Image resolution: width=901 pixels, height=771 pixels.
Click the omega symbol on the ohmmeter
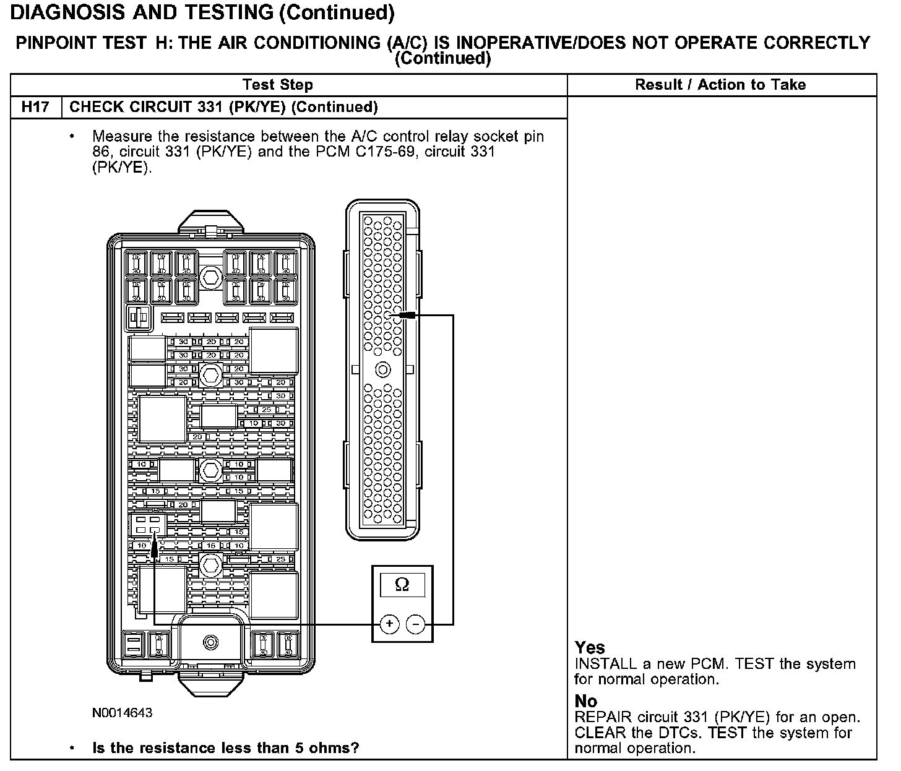(402, 585)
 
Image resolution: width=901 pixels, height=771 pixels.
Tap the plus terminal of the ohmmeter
(389, 624)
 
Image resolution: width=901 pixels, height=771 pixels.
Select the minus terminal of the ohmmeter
(416, 625)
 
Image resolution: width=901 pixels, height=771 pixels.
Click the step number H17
(35, 107)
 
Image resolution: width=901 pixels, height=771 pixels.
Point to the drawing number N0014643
(123, 713)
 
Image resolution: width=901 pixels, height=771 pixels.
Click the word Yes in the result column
(590, 648)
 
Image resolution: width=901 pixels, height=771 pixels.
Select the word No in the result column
(586, 701)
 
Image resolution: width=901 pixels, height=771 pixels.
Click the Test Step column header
(278, 85)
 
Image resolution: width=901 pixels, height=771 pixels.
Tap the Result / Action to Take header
(720, 85)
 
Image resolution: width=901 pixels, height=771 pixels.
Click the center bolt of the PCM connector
(383, 370)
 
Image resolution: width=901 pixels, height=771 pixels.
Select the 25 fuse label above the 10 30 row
(267, 410)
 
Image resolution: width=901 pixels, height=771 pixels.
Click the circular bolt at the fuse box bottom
(211, 642)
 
